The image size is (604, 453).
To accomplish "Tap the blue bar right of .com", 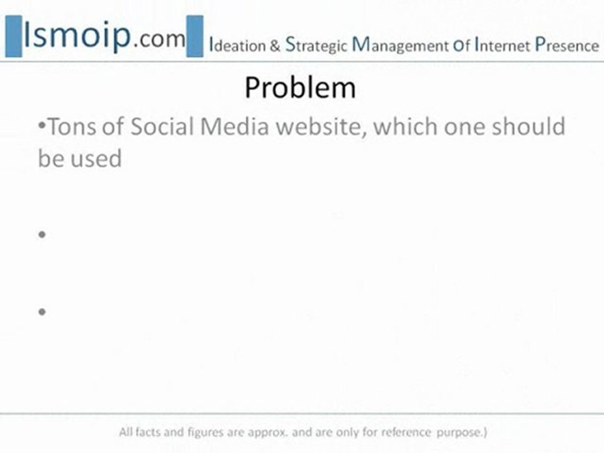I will (195, 36).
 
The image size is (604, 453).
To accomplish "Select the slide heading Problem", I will (300, 88).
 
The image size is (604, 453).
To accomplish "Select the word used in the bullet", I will (96, 159).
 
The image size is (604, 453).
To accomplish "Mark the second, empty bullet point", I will (42, 235).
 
